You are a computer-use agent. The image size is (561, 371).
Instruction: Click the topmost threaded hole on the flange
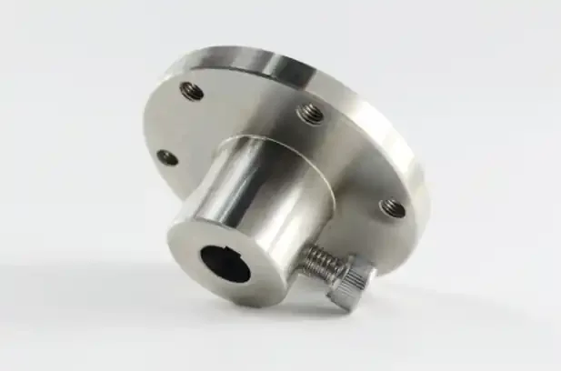[192, 90]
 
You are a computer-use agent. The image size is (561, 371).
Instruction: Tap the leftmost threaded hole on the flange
[168, 156]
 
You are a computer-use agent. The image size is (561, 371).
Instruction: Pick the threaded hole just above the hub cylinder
[310, 113]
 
